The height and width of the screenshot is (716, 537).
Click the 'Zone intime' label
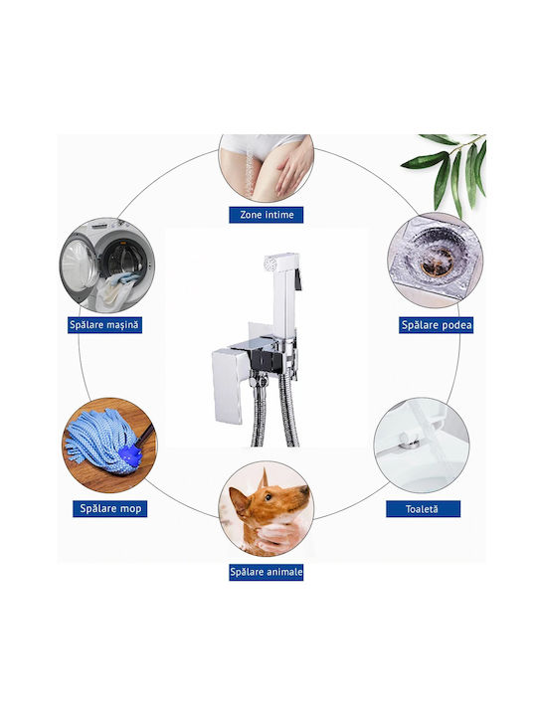[x=266, y=215]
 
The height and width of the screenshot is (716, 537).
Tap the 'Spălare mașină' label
[x=104, y=324]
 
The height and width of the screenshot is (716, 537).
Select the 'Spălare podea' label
[x=436, y=324]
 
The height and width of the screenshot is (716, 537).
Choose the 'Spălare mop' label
[x=110, y=508]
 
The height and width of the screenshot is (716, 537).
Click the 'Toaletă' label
[x=423, y=509]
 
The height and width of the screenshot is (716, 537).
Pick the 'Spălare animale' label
[x=266, y=572]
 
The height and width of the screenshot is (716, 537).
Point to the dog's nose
[x=305, y=491]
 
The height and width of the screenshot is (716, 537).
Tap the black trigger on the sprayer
[x=297, y=278]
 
